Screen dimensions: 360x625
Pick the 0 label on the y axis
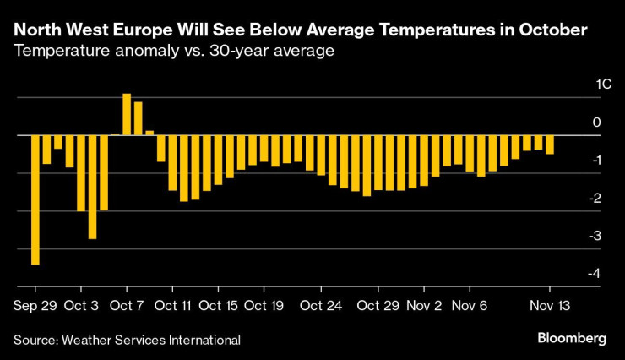(596, 123)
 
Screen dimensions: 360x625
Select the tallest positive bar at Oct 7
(127, 114)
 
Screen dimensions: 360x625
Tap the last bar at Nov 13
(550, 145)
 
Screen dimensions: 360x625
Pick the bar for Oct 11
(172, 162)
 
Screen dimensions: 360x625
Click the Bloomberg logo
(572, 338)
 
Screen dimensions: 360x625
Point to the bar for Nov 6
(470, 153)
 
